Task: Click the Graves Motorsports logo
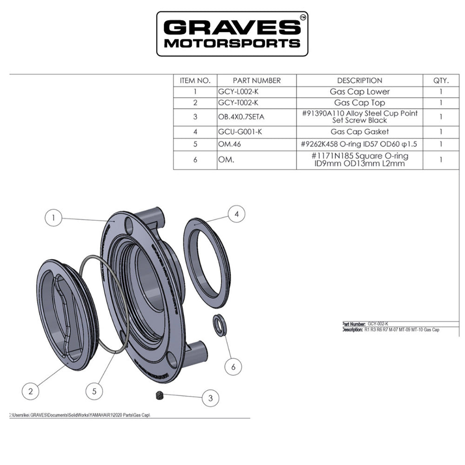click(232, 33)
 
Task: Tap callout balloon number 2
click(31, 391)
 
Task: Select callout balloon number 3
click(210, 398)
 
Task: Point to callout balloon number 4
click(236, 214)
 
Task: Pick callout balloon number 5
click(94, 391)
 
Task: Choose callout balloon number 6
click(233, 366)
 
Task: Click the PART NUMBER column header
click(257, 80)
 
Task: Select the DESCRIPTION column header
click(359, 80)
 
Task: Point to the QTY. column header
click(440, 80)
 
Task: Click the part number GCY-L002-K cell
click(238, 92)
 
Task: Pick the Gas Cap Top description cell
click(359, 103)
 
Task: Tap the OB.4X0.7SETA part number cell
click(244, 117)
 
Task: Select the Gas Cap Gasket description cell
click(359, 132)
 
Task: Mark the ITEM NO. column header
click(195, 80)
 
